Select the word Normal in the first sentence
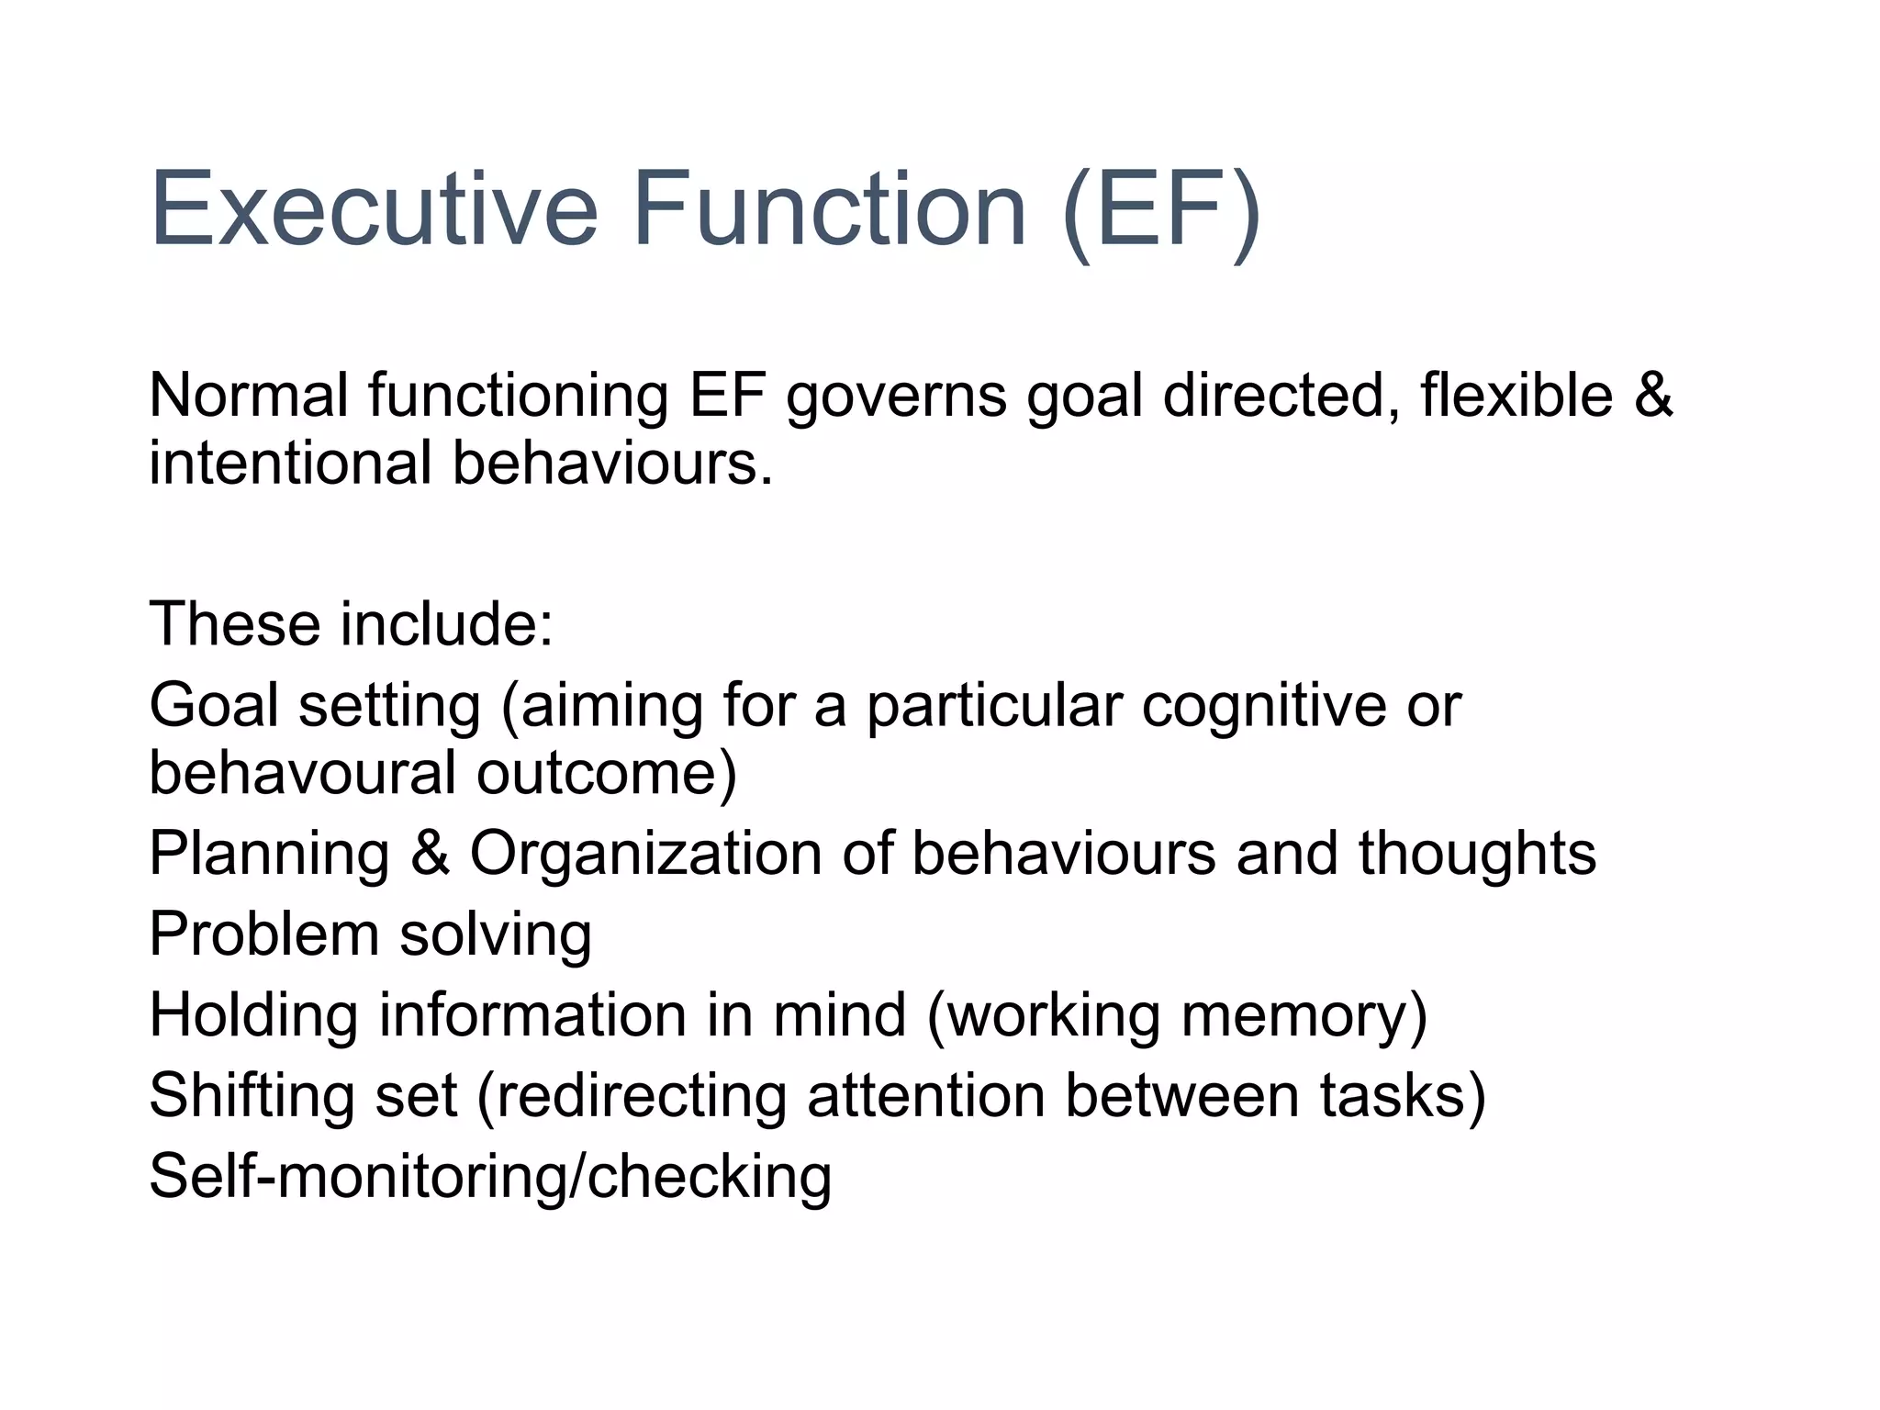tap(249, 396)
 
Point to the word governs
tap(897, 397)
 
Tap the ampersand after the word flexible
tap(1653, 396)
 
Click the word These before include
tap(235, 624)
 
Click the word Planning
tap(270, 855)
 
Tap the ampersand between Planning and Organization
tap(430, 853)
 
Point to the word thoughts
tap(1477, 853)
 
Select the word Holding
tap(253, 1016)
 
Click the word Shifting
tap(252, 1097)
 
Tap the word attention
tap(926, 1096)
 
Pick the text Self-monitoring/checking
tap(490, 1178)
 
